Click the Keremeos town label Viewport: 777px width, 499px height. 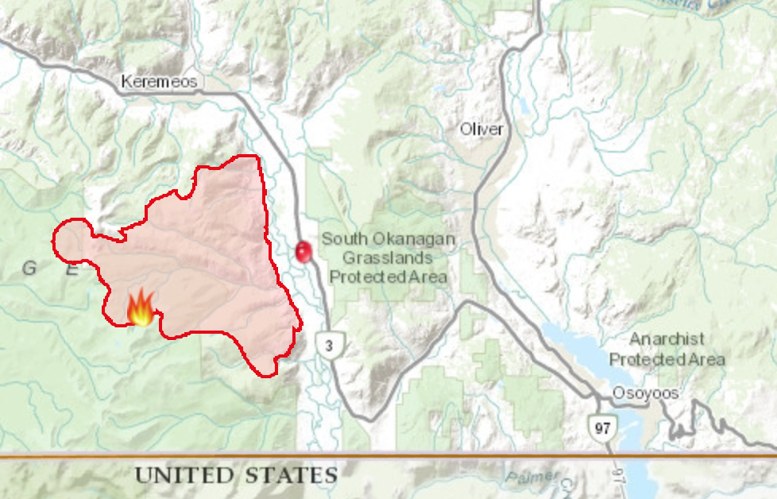coord(159,82)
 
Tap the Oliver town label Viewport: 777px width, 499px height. coord(481,129)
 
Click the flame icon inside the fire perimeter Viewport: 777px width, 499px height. coord(141,308)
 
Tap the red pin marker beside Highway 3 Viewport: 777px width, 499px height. coord(303,252)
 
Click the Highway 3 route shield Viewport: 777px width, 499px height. coord(327,345)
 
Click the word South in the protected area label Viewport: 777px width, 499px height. coord(344,239)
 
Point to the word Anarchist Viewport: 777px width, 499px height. coord(667,339)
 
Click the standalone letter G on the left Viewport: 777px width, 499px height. coord(29,269)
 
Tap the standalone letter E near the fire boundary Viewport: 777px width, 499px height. coord(72,269)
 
